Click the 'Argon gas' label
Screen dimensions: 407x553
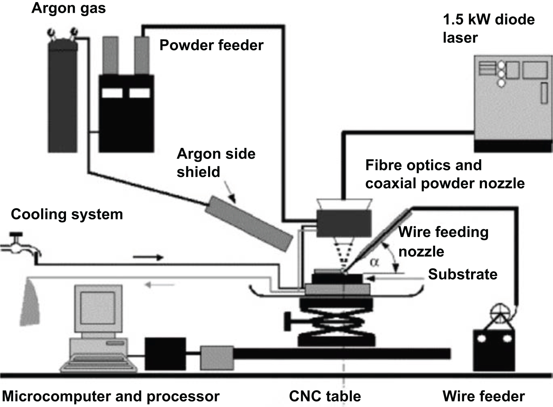pos(68,8)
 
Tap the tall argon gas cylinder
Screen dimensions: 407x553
pos(62,100)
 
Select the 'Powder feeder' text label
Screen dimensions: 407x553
pos(211,45)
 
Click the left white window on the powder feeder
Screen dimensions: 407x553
pos(112,93)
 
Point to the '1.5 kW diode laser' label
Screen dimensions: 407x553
pos(488,28)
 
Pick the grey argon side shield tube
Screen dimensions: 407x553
pos(249,223)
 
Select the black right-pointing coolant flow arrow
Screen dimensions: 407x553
pos(148,257)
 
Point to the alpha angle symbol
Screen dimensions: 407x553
pos(375,262)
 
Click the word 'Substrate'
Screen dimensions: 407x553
pos(462,274)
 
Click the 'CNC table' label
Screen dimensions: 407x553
pos(325,396)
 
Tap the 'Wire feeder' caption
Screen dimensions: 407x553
pos(483,396)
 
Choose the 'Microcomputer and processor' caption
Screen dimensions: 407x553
pos(111,396)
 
